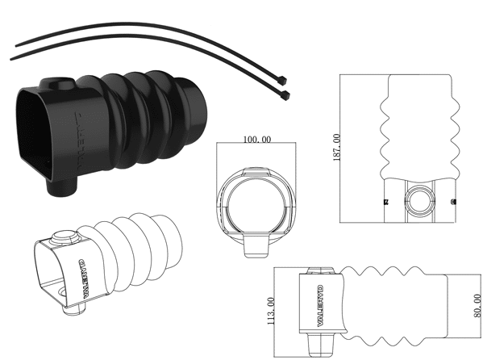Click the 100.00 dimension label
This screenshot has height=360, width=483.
tap(257, 140)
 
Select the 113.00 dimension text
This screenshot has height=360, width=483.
tap(271, 311)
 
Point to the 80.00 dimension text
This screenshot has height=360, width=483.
tap(477, 306)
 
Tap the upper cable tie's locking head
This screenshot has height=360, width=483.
tap(282, 81)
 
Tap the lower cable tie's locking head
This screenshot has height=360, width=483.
tap(285, 95)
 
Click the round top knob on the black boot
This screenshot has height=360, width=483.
tap(61, 82)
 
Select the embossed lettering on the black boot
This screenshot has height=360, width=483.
tap(78, 141)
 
